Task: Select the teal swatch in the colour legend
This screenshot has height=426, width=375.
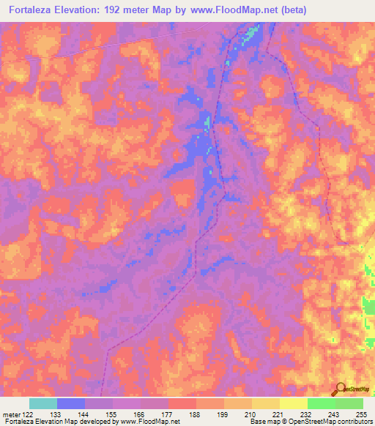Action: [x=43, y=403]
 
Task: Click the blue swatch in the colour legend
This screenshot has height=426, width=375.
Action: [x=71, y=403]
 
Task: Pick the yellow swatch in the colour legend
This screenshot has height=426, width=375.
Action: [x=294, y=403]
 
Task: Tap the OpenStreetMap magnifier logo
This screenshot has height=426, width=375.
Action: [x=341, y=389]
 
